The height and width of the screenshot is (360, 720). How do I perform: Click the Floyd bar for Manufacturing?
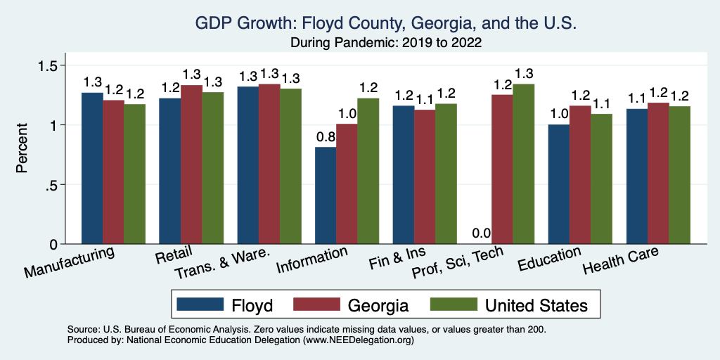92,169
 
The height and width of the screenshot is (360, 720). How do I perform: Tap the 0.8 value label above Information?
326,136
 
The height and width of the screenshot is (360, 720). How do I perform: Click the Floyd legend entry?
225,304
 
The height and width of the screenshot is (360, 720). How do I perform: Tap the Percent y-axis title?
22,149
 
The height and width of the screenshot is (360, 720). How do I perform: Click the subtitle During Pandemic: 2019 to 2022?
387,42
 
